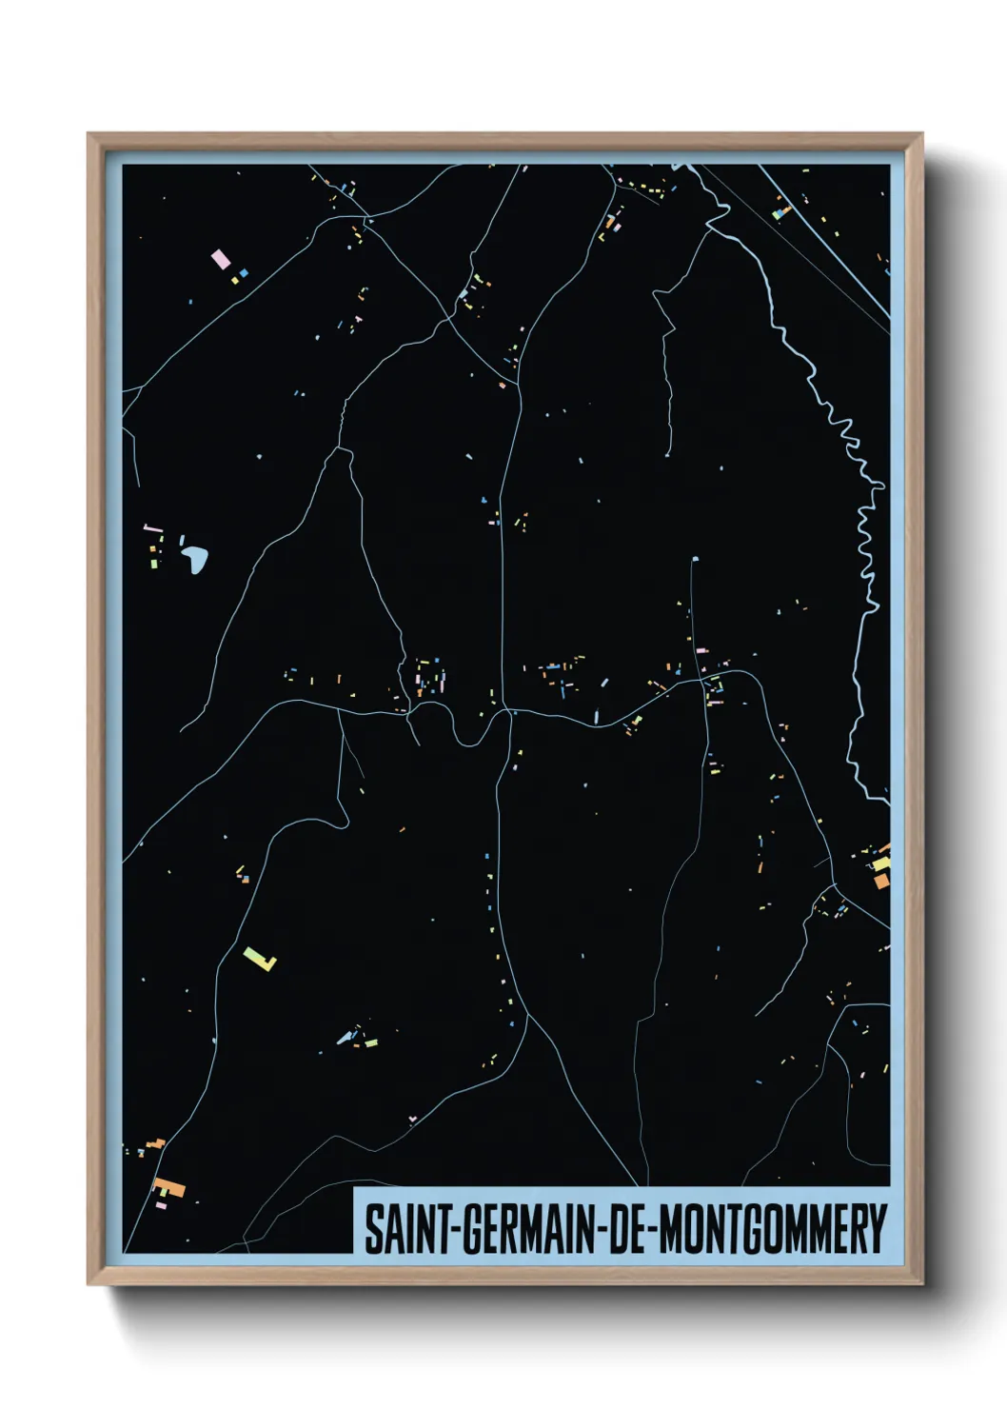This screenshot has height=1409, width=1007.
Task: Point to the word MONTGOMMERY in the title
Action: pos(772,1229)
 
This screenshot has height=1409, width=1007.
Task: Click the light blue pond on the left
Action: pos(196,559)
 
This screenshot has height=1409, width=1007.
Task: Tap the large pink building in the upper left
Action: pos(220,258)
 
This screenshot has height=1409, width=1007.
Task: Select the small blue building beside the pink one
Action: pos(245,273)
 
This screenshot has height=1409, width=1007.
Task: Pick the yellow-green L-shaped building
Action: pos(259,958)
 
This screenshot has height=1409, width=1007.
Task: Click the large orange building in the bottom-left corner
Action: pos(171,1187)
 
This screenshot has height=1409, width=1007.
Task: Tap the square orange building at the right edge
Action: pos(881,882)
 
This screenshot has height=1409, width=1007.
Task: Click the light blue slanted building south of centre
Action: pos(345,1038)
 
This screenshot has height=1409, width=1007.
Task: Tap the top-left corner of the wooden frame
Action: pos(89,135)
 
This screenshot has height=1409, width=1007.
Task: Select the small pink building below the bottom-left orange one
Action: pos(161,1204)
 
